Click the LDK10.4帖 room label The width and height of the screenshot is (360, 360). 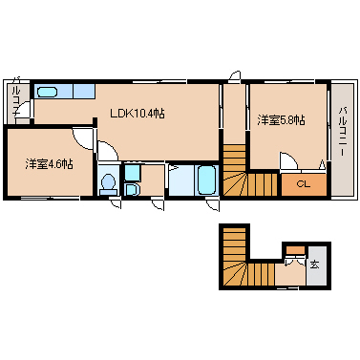[138, 114]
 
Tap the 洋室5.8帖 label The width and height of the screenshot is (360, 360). [281, 120]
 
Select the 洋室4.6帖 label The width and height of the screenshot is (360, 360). [50, 164]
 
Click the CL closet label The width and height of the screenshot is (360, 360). [303, 184]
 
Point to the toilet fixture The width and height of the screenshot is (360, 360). [109, 184]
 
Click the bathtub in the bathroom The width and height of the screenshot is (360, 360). [207, 180]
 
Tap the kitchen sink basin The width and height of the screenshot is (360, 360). [47, 93]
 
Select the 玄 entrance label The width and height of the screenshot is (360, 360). [314, 265]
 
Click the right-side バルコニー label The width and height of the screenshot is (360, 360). [343, 131]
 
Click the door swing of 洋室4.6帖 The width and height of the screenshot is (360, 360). [84, 138]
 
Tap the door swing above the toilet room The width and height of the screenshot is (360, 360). [108, 151]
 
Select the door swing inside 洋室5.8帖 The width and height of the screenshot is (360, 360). [288, 160]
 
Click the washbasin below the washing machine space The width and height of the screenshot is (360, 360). [132, 189]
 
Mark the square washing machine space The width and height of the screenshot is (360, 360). [131, 173]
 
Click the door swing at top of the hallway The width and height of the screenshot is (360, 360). [236, 76]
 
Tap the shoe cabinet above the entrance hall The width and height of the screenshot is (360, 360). [294, 250]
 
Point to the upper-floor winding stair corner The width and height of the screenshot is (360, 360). [235, 183]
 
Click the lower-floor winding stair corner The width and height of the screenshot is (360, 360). [235, 274]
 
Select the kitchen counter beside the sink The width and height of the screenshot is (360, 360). [84, 91]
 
